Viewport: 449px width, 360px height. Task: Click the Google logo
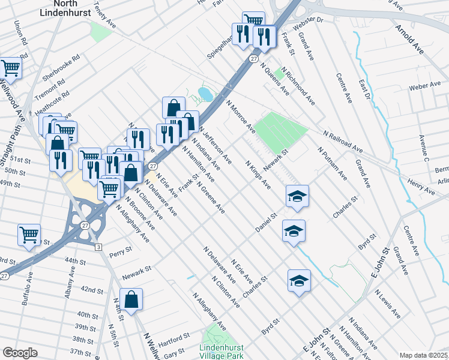[x=20, y=352]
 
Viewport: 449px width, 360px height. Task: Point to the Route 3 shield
[x=98, y=247]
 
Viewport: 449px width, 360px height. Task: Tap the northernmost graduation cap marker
[x=297, y=196]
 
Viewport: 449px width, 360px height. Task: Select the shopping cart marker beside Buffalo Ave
[x=29, y=235]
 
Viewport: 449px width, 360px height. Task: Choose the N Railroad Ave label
[x=343, y=141]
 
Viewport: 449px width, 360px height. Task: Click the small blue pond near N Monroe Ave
[x=204, y=94]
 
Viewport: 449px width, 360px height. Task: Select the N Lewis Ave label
[x=387, y=304]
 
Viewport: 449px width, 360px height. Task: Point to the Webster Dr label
[x=308, y=25]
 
